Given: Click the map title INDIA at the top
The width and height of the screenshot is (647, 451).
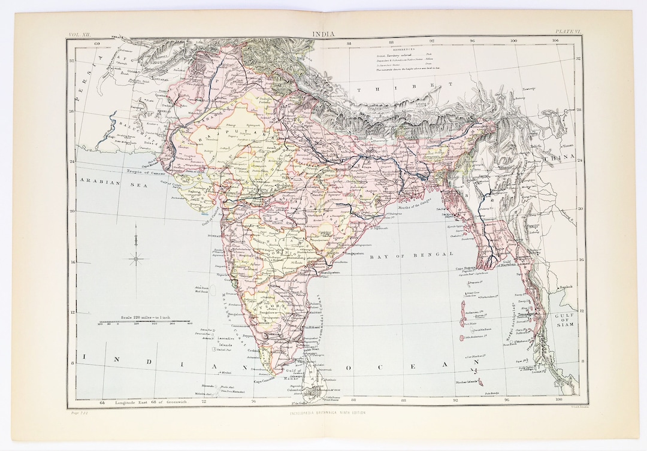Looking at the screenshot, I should coord(323,34).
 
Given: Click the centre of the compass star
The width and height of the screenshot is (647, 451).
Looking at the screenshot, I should coord(137,258).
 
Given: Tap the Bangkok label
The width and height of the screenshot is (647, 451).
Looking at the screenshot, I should coord(566,287).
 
